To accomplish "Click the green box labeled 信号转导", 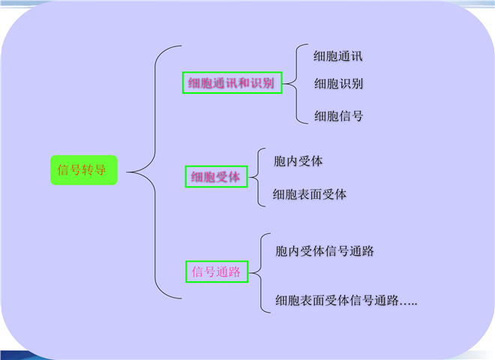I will (83, 170).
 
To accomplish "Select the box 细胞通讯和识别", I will (232, 83).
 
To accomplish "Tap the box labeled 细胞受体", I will (215, 177).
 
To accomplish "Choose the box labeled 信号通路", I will (216, 271).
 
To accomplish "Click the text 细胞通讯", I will (338, 56).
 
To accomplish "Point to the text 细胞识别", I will (338, 83).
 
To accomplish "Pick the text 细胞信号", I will (338, 116).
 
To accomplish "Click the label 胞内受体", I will (298, 161).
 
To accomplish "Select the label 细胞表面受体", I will (310, 194).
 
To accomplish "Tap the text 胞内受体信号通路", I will (325, 251).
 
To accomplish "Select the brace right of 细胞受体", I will (257, 177).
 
